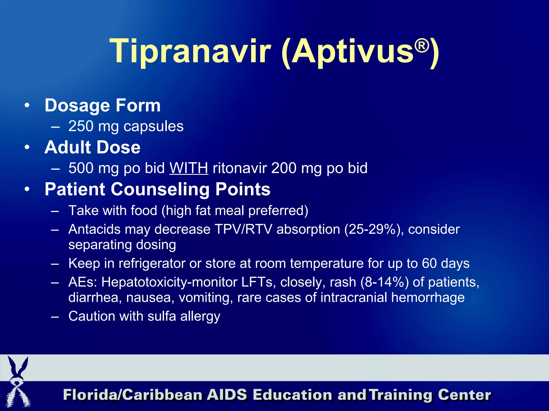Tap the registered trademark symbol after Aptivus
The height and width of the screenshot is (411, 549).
pyautogui.click(x=422, y=46)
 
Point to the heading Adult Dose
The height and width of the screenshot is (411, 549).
pyautogui.click(x=92, y=147)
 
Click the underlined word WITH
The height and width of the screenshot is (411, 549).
pyautogui.click(x=189, y=168)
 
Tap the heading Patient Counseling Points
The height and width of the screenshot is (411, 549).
pyautogui.click(x=157, y=189)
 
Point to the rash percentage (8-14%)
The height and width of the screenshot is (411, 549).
pyautogui.click(x=384, y=282)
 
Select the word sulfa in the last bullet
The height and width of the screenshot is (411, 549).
pyautogui.click(x=162, y=316)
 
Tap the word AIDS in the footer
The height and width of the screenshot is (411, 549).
pyautogui.click(x=227, y=395)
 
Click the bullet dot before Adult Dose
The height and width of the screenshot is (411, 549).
pyautogui.click(x=27, y=147)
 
